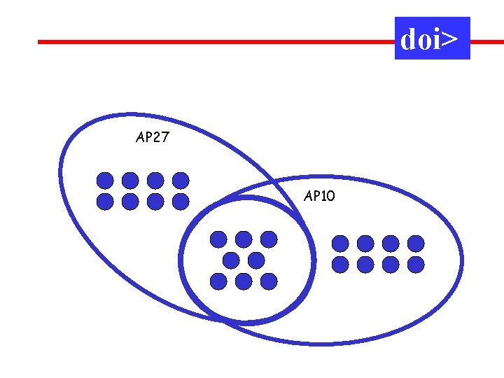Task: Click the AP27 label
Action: tap(152, 138)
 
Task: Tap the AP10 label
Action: tap(320, 197)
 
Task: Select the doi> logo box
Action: tap(432, 38)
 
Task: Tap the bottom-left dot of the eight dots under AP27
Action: tap(105, 202)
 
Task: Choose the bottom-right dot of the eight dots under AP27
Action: tap(181, 202)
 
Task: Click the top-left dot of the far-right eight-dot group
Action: tap(340, 243)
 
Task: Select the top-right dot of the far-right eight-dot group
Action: tap(416, 243)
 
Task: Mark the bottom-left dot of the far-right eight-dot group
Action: tap(340, 264)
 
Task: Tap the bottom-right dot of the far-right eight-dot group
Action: tap(416, 264)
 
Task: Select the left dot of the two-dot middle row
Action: tap(231, 260)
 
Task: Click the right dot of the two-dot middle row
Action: tap(256, 260)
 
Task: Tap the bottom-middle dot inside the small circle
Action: tap(244, 281)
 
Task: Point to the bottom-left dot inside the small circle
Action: tap(218, 281)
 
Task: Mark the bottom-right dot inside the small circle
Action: tap(269, 281)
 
